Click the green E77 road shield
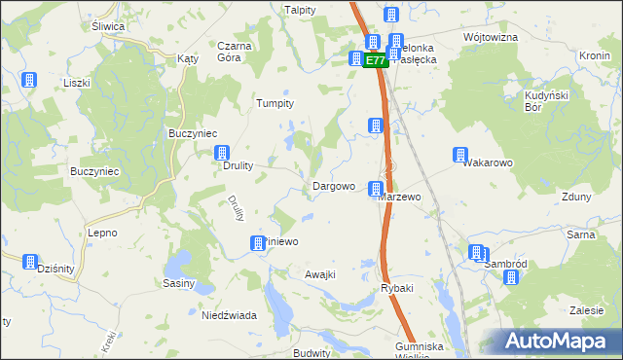click(x=376, y=60)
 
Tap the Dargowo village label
click(x=332, y=186)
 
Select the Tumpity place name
click(x=274, y=103)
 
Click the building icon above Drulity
click(x=222, y=153)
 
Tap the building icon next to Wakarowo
click(x=459, y=155)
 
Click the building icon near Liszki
click(x=29, y=79)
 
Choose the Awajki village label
click(x=320, y=274)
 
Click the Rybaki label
click(x=397, y=288)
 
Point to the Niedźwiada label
click(x=229, y=315)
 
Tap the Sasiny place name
click(x=179, y=284)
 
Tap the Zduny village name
click(x=576, y=196)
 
